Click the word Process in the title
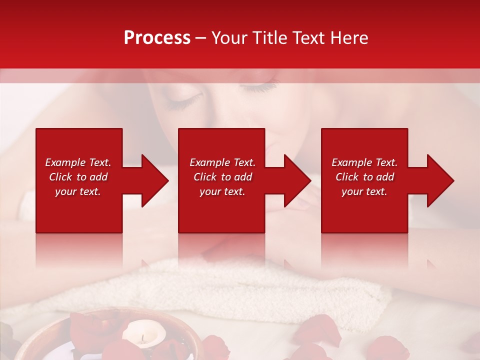[x=157, y=38]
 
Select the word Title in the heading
[x=270, y=38]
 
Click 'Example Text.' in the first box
[x=78, y=162]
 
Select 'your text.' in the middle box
[x=222, y=191]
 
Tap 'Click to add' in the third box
[x=364, y=177]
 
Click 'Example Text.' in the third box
[x=364, y=162]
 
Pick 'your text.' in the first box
[x=78, y=191]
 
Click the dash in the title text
[x=201, y=38]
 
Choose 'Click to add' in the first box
[x=78, y=177]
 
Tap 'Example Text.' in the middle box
[x=222, y=162]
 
